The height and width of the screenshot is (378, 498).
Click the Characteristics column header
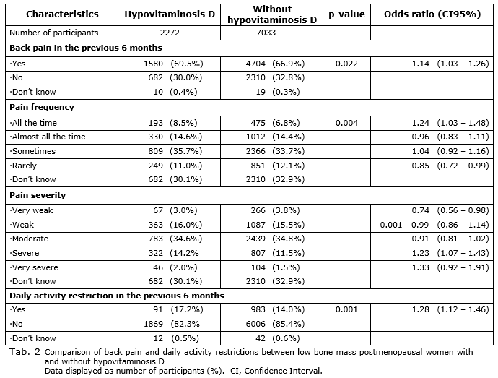62,14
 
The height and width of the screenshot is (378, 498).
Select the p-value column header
346,14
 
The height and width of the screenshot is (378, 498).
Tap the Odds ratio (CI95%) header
432,14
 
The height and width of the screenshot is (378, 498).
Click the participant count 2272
170,33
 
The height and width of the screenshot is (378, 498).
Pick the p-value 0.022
346,64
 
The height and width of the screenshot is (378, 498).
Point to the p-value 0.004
346,123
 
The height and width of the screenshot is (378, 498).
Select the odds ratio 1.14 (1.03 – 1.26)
450,64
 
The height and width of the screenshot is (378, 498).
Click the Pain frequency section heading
42,107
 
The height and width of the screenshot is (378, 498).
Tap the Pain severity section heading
38,195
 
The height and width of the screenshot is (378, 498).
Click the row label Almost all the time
48,137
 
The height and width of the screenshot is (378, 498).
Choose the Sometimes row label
32,151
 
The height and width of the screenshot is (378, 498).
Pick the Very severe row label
34,267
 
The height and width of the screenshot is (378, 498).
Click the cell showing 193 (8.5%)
172,123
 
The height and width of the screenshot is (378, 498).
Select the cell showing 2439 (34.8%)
275,239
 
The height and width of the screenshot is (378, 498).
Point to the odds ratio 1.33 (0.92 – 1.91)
450,267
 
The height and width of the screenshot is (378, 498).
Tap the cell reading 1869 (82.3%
172,324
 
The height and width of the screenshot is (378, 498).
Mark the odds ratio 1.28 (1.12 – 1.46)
450,309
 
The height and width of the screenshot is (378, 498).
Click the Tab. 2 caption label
25,352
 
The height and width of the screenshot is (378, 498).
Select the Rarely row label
23,166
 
